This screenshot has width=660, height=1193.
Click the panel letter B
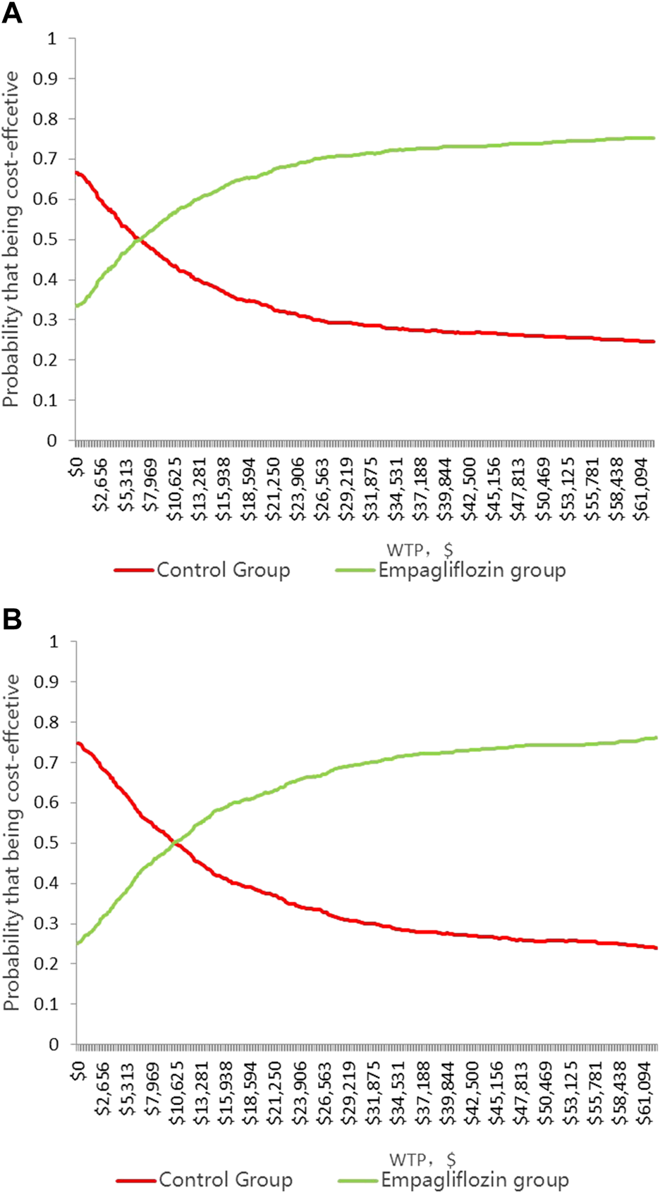point(12,619)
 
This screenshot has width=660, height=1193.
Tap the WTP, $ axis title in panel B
point(422,1159)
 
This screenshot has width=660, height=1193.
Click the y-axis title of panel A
point(11,240)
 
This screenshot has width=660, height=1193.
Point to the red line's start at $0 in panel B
point(78,743)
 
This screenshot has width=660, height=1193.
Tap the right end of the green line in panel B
point(655,738)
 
